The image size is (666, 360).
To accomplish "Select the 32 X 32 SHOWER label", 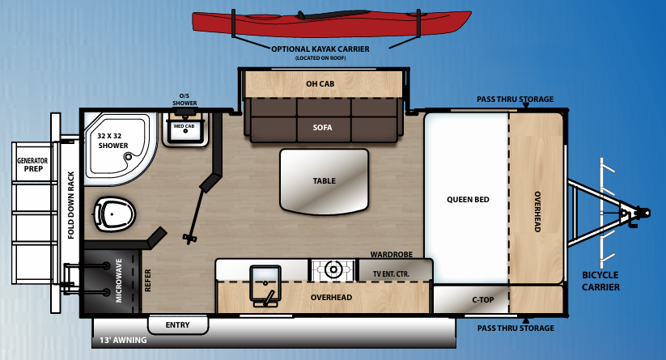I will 112,141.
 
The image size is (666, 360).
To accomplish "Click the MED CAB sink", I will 184,134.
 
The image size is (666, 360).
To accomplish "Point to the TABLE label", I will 324,181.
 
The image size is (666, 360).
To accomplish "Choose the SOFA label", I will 323,128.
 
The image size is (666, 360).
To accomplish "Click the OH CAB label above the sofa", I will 320,83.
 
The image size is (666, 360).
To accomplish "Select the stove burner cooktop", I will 332,269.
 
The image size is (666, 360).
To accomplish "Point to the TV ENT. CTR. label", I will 391,274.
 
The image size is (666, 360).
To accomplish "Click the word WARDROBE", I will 392,254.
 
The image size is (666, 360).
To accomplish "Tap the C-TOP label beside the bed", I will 484,300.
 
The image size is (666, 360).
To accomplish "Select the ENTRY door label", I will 177,325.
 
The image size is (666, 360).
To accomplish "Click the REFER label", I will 148,281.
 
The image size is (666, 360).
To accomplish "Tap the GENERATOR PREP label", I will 32,166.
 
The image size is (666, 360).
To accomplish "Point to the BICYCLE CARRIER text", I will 600,281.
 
